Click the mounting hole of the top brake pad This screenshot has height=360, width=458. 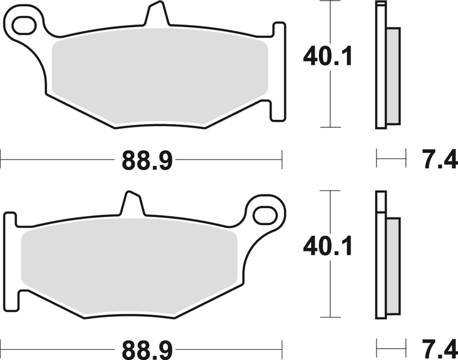23,25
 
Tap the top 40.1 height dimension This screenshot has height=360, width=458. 327,57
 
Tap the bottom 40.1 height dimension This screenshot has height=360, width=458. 327,247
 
